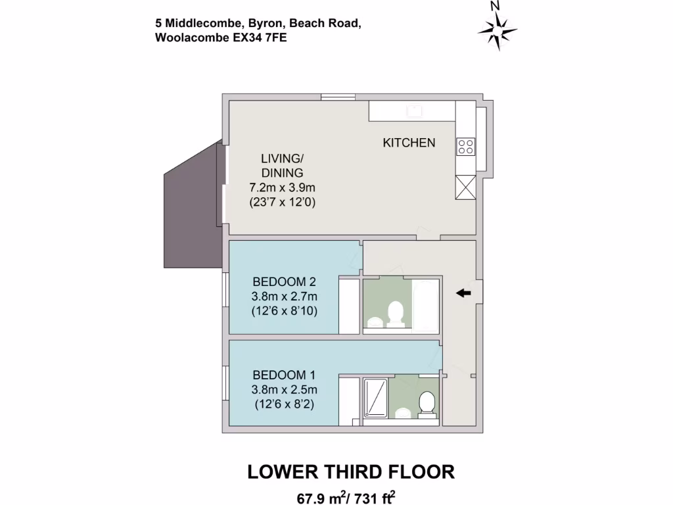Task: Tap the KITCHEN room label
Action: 409,143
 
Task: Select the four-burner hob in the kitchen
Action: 466,147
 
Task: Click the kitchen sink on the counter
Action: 414,110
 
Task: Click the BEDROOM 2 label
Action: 285,282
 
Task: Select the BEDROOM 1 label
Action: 284,375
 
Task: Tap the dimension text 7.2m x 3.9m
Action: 283,188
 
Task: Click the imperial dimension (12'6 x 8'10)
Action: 284,311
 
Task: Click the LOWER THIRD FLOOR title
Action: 350,471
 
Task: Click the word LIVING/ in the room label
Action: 283,158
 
